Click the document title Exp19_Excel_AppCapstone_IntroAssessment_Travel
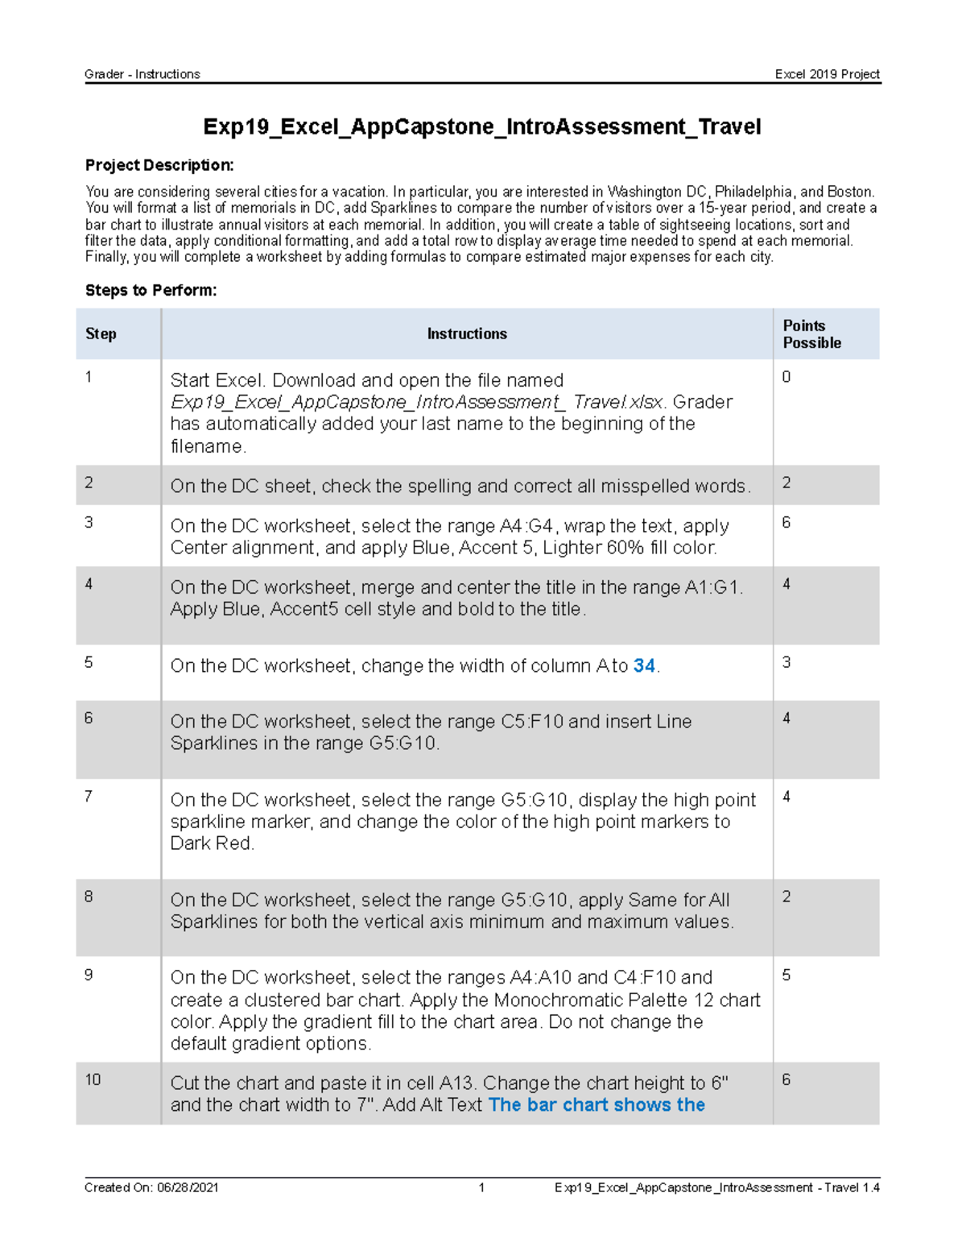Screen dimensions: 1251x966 tap(481, 127)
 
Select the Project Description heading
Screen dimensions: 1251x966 tap(159, 166)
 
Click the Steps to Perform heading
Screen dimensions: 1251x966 tap(151, 291)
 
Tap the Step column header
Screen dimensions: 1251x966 tap(101, 334)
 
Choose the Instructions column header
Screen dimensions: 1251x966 tap(467, 334)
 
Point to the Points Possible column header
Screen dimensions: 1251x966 tap(811, 334)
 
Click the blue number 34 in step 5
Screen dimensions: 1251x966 tap(644, 666)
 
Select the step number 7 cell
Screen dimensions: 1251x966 tap(89, 797)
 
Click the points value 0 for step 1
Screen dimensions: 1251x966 tap(786, 377)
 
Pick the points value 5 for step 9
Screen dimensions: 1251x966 tap(786, 976)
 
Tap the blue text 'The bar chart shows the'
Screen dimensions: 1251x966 tap(597, 1105)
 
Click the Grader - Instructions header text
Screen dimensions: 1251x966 tap(142, 74)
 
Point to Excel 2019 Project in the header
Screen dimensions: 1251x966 tap(827, 74)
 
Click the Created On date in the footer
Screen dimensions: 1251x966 tap(151, 1187)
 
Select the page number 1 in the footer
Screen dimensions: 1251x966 tap(481, 1187)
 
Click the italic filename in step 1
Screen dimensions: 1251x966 tap(417, 402)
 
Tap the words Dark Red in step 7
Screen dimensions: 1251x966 tap(212, 843)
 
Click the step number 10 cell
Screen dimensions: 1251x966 tap(93, 1080)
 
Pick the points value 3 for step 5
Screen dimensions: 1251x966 tap(786, 662)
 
